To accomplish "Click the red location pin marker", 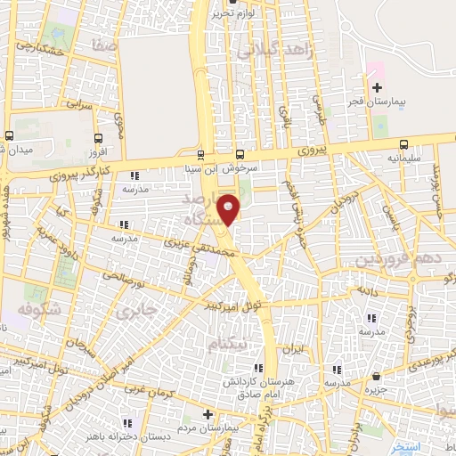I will coord(230,209).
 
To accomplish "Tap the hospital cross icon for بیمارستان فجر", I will coord(377,87).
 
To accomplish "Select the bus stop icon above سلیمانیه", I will coord(404,143).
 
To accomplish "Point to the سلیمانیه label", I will coord(404,158).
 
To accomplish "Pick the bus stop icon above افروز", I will coord(96,138).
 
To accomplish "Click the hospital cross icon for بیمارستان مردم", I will coord(208,414).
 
